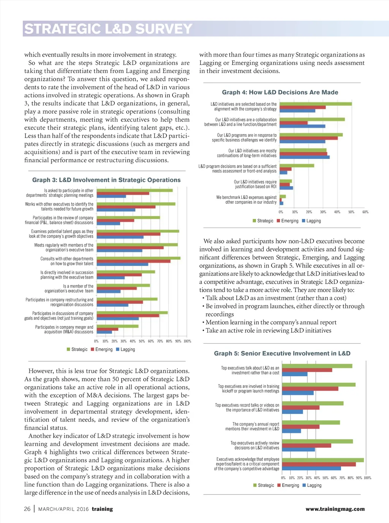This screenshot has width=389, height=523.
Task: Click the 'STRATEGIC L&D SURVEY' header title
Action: click(108, 29)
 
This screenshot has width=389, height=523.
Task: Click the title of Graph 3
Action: click(106, 180)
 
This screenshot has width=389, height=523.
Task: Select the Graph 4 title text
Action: click(280, 92)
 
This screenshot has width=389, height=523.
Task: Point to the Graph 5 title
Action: click(282, 353)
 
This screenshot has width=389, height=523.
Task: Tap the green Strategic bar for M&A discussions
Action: click(117, 326)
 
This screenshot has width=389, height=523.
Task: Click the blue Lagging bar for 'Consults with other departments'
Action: click(122, 264)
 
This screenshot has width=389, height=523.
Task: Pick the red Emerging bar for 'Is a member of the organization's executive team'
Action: click(117, 288)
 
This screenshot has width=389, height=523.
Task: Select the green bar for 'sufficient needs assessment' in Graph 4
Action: click(297, 166)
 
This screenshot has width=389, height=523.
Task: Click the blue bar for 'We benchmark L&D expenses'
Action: click(281, 203)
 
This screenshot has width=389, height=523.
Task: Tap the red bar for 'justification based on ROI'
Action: click(285, 185)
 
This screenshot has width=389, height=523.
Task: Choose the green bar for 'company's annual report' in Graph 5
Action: click(311, 422)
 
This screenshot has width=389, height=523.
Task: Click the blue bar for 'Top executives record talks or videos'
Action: click(293, 412)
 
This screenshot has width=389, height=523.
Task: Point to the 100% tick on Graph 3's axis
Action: click(187, 341)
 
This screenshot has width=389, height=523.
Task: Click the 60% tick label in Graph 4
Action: click(365, 212)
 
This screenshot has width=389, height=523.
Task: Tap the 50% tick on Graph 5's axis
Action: click(325, 478)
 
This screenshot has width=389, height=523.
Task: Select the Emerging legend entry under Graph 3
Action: click(102, 349)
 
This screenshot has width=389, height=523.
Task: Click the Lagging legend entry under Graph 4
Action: click(312, 221)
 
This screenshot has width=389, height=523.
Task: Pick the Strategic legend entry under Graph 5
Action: click(264, 485)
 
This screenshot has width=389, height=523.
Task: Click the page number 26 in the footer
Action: click(27, 509)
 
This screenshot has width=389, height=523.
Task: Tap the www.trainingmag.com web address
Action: click(335, 509)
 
